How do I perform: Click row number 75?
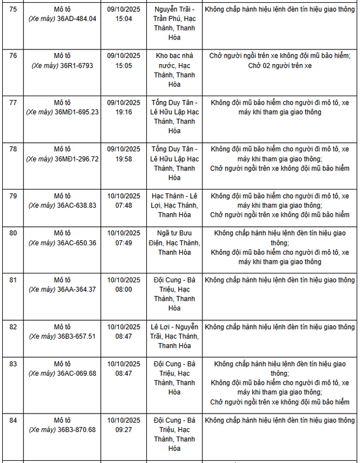point(13,9)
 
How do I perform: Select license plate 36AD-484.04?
point(77,19)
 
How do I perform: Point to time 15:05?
point(124,65)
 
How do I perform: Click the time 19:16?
point(124,112)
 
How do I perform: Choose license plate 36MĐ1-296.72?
point(78,159)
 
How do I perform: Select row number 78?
point(13,149)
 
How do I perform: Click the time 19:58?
point(124,159)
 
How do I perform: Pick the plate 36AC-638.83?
point(77,205)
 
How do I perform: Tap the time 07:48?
point(124,205)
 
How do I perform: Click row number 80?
point(13,233)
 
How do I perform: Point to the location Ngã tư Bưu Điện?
point(174,238)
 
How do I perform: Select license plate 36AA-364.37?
point(77,289)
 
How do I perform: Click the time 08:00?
point(124,289)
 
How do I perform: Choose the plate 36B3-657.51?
point(77,336)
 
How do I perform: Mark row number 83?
point(13,364)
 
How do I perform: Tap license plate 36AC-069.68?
point(77,373)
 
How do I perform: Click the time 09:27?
point(124,429)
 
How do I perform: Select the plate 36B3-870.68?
point(77,429)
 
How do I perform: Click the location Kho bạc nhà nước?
point(174,60)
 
